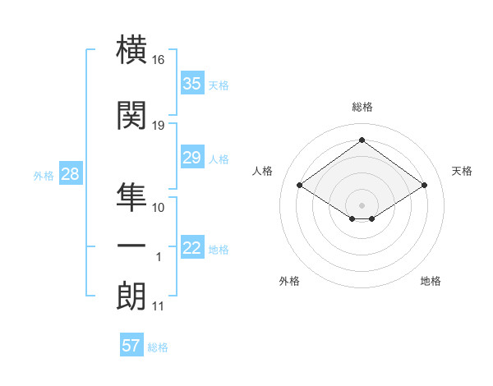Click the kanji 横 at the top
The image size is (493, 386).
click(131, 49)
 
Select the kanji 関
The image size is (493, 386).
click(131, 115)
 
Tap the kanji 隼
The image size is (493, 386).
click(131, 197)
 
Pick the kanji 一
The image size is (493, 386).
click(131, 246)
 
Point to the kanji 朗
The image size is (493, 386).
click(131, 296)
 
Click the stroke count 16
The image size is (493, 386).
click(158, 60)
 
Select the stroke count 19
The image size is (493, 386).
click(158, 126)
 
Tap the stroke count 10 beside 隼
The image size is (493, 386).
click(158, 208)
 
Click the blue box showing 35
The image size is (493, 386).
click(192, 83)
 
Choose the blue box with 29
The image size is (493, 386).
click(192, 157)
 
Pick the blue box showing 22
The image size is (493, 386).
click(192, 246)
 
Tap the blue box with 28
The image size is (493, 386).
click(71, 173)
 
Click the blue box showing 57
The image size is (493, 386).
click(131, 344)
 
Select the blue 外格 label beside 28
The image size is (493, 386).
click(44, 176)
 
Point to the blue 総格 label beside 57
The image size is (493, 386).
click(158, 347)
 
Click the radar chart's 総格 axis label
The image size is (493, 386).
click(362, 107)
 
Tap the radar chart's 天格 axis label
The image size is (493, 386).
click(462, 171)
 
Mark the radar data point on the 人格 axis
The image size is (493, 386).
click(300, 185)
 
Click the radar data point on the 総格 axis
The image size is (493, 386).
click(362, 140)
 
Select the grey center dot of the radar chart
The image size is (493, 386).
click(362, 205)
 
